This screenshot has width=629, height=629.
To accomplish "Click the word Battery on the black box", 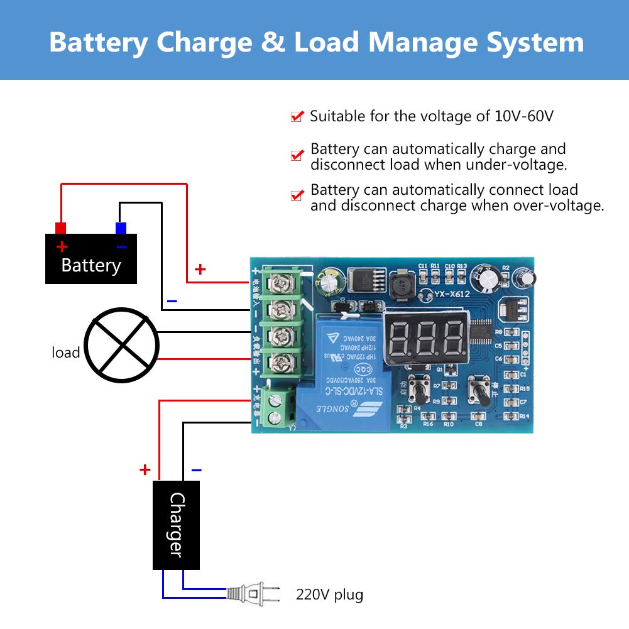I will coord(90,265).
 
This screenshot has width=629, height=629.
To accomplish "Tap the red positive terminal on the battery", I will coord(61,227).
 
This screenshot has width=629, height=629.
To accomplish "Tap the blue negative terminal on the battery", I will coord(121,227).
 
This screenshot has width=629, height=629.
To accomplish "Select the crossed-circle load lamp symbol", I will coord(122,344).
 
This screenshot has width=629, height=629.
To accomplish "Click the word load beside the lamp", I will coord(65,353).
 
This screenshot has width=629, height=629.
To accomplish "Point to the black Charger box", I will coord(177,525).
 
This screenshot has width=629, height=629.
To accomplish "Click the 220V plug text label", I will coord(329,594).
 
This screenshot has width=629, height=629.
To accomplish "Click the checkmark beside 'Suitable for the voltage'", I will coord(297,116).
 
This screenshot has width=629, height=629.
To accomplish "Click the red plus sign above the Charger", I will coord(145,469).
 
